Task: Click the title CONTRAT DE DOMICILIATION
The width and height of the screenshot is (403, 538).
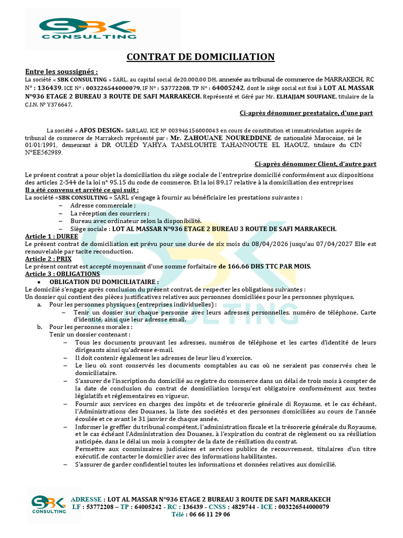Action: point(201,57)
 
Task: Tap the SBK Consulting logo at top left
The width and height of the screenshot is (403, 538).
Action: point(84,28)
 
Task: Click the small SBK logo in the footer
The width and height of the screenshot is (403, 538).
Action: point(48,505)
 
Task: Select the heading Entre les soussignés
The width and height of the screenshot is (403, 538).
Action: point(61,72)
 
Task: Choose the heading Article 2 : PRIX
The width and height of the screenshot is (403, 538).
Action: point(48,258)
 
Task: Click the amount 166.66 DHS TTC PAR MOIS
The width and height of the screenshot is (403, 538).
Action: point(264,266)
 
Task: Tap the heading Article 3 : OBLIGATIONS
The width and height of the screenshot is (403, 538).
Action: point(62,274)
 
